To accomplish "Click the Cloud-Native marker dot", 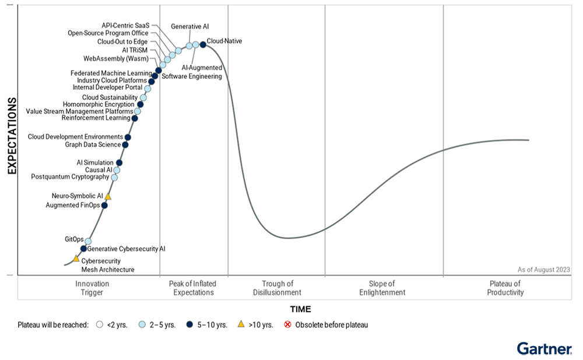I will [203, 44].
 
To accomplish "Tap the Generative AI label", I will [190, 27].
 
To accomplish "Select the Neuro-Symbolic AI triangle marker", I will [108, 197].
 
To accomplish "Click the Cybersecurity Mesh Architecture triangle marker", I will [76, 258].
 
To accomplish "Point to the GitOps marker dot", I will [88, 241].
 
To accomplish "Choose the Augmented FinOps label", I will [72, 205].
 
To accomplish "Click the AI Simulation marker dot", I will [119, 163].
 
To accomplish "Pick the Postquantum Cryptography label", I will [69, 177].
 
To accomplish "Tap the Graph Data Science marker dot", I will [125, 145].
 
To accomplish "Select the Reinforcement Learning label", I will [96, 118].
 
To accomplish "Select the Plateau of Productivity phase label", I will [505, 288].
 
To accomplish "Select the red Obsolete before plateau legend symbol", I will [287, 324].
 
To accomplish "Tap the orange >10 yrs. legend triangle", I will [241, 324].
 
